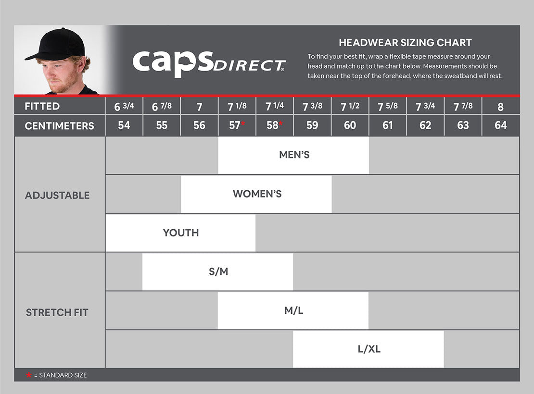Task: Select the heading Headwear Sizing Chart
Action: coord(405,42)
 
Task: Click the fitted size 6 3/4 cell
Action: coord(124,106)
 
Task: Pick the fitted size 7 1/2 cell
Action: coord(350,106)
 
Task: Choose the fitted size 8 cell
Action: coord(500,106)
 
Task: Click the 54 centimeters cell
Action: coord(124,125)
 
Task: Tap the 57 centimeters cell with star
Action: coord(237,125)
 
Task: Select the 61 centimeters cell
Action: coord(387,125)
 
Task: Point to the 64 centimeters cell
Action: coord(500,125)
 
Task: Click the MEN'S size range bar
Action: coord(293,155)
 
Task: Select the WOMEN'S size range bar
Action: coord(256,194)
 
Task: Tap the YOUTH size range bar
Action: coord(180,233)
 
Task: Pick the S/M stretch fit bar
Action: coord(218,271)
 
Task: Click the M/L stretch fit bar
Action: coord(293,310)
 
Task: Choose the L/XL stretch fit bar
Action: coord(369,349)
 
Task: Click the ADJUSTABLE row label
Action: coord(57,195)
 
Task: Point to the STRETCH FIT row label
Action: coord(57,312)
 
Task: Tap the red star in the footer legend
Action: coord(29,375)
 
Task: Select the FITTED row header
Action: coord(42,106)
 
